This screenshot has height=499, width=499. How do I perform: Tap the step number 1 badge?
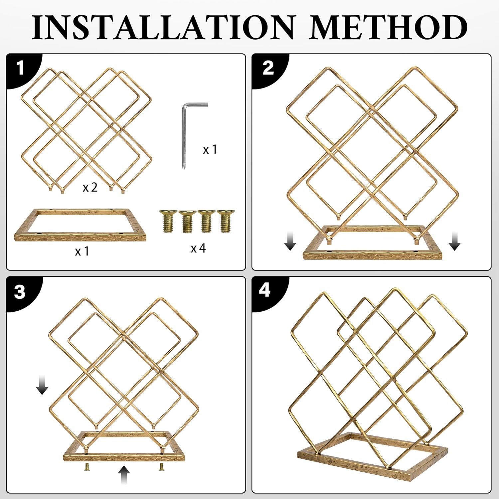click(x=21, y=68)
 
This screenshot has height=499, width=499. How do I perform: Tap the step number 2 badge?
click(x=268, y=68)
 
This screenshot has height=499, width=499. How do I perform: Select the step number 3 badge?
click(x=20, y=292)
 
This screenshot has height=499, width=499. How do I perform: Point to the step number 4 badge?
click(x=264, y=290)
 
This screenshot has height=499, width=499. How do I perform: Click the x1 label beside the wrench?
click(x=210, y=150)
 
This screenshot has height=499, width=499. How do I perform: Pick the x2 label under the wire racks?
click(x=90, y=188)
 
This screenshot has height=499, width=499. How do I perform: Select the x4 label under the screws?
click(x=198, y=248)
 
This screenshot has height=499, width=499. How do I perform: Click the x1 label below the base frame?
click(x=82, y=251)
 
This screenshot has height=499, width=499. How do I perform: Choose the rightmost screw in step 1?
click(x=226, y=220)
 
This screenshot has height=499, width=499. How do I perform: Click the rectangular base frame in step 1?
click(x=80, y=237)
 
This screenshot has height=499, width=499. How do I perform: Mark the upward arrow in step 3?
click(x=124, y=475)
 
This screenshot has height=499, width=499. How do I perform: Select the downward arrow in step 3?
click(x=42, y=385)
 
